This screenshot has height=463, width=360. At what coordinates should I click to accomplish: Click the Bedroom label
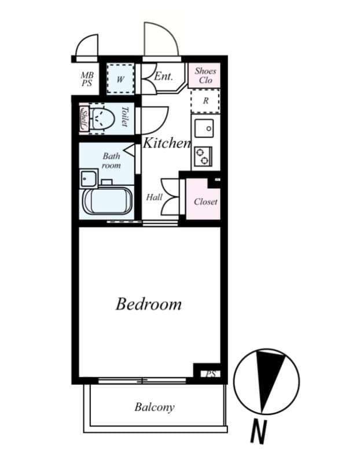click(148, 304)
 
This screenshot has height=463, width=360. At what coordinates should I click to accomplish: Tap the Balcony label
click(155, 407)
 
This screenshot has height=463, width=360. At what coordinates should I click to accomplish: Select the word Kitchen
click(167, 143)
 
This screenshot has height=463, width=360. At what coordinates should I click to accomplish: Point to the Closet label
click(205, 201)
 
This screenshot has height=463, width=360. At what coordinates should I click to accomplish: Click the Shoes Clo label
click(205, 76)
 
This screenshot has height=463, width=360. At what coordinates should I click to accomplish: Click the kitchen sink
click(203, 127)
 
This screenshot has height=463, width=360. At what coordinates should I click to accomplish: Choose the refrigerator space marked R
click(205, 101)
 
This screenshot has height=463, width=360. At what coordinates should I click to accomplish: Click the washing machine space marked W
click(120, 79)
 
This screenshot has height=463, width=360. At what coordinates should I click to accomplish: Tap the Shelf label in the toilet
click(84, 119)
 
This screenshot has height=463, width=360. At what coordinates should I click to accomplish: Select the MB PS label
click(87, 79)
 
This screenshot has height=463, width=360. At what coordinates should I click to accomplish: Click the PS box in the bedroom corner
click(210, 374)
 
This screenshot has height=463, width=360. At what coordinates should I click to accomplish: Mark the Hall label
click(155, 197)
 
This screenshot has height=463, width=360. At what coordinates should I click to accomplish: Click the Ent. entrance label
click(164, 76)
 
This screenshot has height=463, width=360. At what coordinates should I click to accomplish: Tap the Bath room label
click(111, 160)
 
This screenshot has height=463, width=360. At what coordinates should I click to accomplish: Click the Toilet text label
click(126, 117)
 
